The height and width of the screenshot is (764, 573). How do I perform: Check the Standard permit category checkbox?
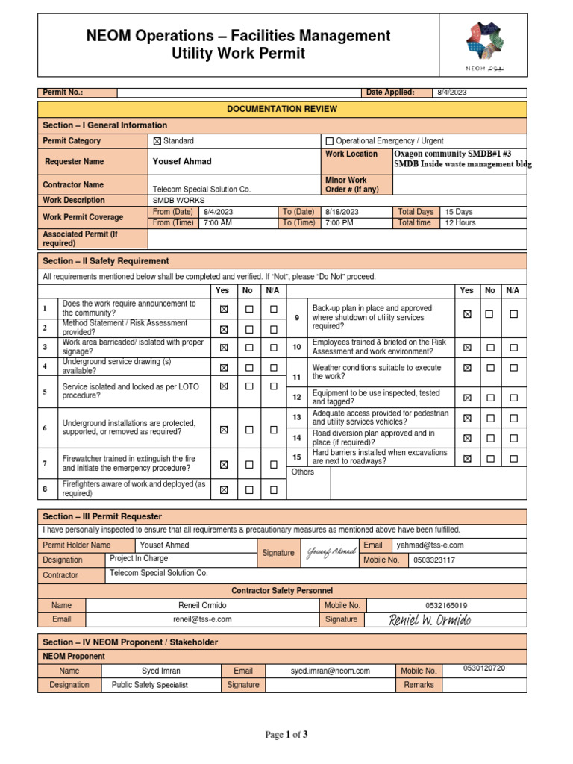click(x=157, y=141)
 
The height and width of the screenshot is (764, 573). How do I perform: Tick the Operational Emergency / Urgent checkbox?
click(x=330, y=141)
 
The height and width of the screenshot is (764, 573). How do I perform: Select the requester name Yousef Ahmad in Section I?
click(x=182, y=161)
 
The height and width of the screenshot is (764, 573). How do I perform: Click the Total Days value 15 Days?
click(x=459, y=212)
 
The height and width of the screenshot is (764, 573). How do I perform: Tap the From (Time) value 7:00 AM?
click(x=216, y=222)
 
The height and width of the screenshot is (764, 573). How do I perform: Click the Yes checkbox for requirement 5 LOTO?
click(x=223, y=386)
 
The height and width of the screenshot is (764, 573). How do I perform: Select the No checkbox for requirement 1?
click(x=249, y=309)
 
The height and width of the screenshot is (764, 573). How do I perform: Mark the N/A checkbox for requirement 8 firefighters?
click(x=274, y=490)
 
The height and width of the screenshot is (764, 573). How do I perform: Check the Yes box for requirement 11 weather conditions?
click(x=467, y=368)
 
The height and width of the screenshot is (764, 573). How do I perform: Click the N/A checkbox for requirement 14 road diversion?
click(x=513, y=439)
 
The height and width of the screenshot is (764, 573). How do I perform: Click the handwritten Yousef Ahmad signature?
click(x=331, y=553)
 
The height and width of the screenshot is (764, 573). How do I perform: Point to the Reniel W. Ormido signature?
click(x=430, y=620)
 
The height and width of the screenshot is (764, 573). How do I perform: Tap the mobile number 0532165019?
click(x=446, y=605)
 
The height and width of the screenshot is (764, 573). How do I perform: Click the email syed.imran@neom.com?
click(x=331, y=671)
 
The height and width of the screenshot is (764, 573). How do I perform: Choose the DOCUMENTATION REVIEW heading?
click(x=282, y=109)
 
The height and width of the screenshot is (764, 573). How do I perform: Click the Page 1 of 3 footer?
click(x=286, y=735)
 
